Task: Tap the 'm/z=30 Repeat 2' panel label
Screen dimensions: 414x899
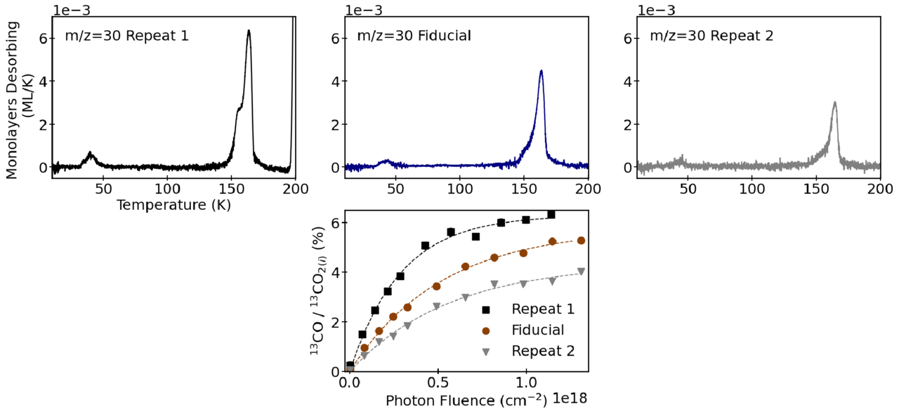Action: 711,35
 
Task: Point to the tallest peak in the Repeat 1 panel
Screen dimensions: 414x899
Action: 249,31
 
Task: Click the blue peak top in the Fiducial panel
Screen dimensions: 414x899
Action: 541,71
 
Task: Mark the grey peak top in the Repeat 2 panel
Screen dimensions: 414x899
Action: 834,102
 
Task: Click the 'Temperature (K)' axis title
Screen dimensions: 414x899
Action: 173,205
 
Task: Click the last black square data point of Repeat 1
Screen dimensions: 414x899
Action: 551,215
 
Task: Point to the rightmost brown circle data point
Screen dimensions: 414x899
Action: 581,241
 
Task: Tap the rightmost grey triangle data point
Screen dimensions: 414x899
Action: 581,272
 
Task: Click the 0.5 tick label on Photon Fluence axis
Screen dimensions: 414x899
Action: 437,385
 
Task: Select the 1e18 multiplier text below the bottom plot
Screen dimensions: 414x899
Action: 569,399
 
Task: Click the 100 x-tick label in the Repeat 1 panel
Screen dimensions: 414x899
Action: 167,189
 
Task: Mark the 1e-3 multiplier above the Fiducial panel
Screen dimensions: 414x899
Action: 364,10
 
